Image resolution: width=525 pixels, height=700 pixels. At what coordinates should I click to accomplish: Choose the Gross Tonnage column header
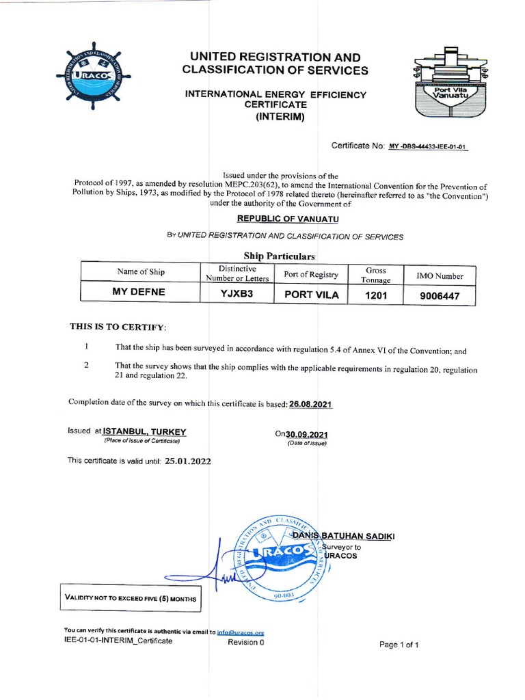pos(377,275)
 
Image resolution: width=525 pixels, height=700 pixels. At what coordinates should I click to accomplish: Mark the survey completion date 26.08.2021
pos(311,404)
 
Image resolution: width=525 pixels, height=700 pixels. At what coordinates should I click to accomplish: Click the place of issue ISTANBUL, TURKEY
pos(144,431)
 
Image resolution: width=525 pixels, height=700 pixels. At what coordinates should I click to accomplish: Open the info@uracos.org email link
pos(241,632)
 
